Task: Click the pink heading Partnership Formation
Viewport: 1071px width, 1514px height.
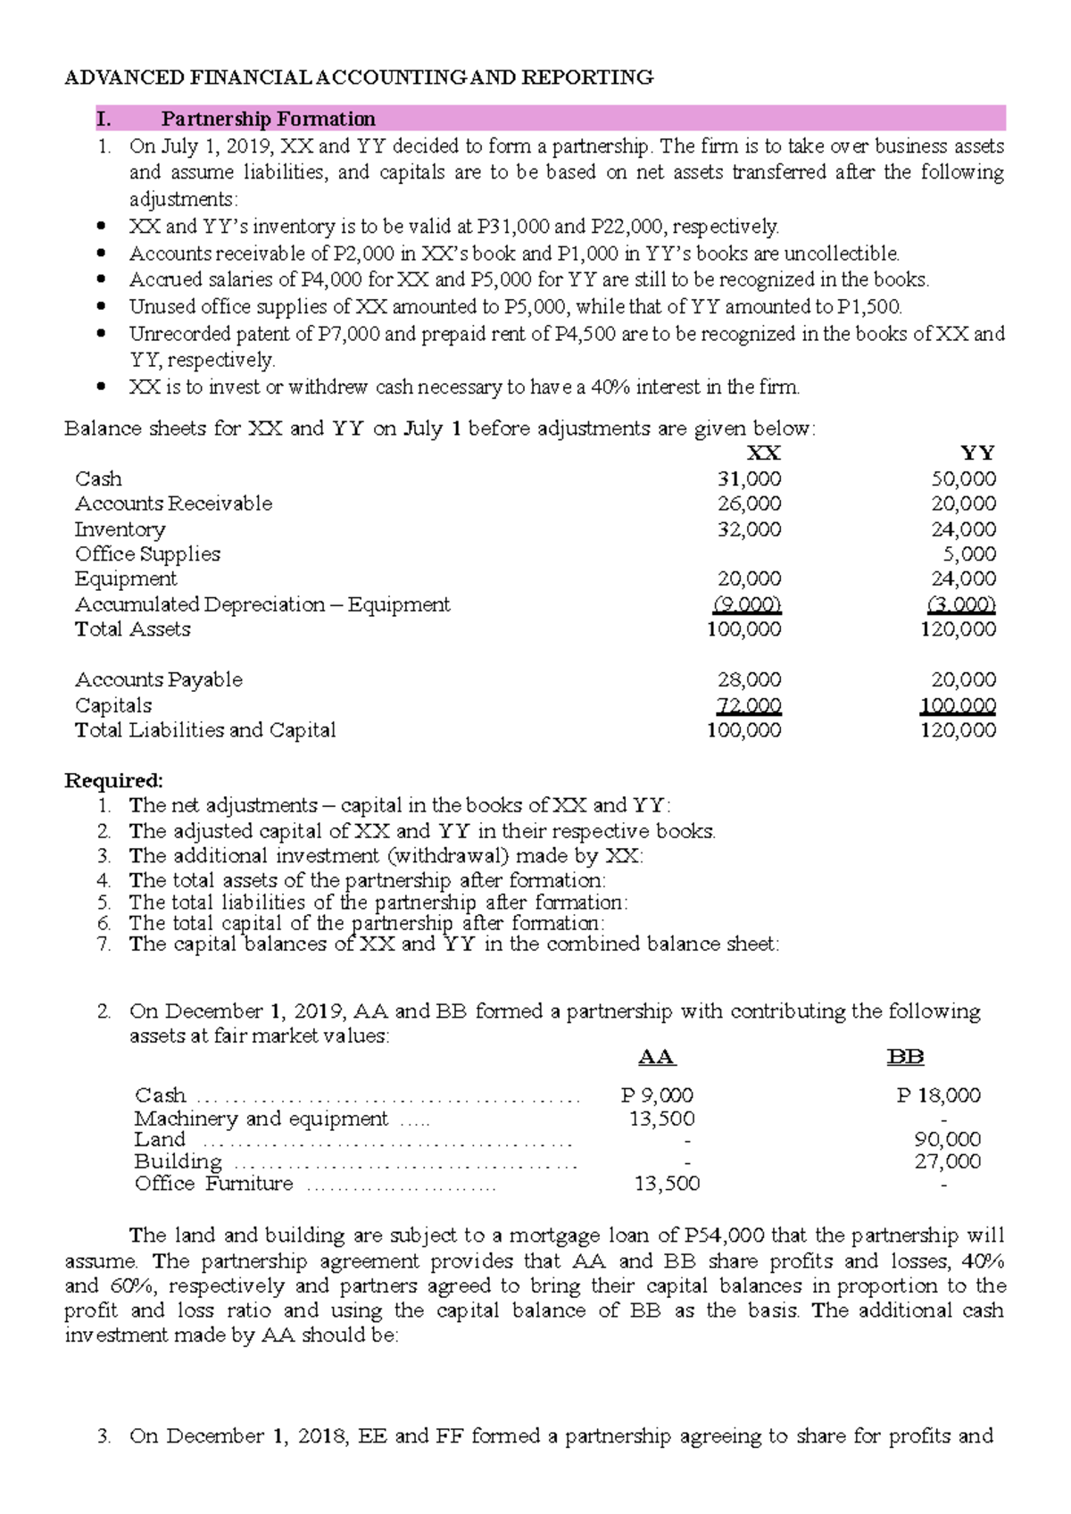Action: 268,119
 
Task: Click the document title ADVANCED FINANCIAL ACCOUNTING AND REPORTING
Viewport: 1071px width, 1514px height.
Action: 359,78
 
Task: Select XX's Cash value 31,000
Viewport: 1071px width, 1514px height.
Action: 749,478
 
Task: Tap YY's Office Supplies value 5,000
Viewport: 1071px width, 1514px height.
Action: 969,553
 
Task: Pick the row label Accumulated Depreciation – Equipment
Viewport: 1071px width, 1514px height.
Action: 262,604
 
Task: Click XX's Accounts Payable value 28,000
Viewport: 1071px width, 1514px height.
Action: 749,679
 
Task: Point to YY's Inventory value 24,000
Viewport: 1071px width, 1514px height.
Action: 964,529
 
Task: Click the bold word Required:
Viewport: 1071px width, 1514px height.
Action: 113,780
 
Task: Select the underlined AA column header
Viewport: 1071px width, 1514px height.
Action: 657,1058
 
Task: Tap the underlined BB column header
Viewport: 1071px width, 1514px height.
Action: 905,1058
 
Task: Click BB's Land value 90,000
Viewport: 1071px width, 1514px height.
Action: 947,1139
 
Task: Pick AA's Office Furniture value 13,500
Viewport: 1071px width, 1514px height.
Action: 667,1184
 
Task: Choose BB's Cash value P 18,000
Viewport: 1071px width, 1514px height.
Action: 939,1095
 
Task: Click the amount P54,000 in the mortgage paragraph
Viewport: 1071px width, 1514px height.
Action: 724,1235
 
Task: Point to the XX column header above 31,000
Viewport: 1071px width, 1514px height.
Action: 763,453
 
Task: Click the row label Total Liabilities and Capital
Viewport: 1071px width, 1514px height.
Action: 205,730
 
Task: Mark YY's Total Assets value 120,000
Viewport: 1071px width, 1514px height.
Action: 958,629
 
